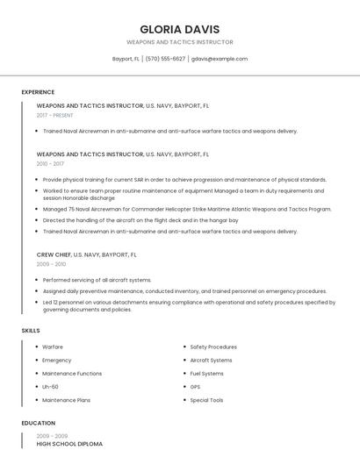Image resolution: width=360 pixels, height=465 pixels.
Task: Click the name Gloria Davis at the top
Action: point(179,29)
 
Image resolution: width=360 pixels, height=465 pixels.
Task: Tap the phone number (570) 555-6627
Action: point(165,59)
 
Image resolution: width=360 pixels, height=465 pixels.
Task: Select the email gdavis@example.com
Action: point(220,59)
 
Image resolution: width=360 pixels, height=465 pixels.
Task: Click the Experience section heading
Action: point(38,92)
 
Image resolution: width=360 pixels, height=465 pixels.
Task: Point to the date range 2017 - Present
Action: point(55,115)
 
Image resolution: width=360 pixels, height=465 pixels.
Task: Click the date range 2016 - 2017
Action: point(50,163)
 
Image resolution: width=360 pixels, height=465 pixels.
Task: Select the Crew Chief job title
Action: point(54,254)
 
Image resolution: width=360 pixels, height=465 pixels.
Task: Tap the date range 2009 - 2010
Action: point(51,263)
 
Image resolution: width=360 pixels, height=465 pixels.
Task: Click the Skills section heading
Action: point(31,330)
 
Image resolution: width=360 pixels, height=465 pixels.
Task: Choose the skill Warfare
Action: point(53,347)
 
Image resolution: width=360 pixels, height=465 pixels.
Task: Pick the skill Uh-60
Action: point(50,387)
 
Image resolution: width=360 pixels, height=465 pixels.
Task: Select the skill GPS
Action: point(195,387)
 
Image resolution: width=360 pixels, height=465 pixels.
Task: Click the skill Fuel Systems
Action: point(206,374)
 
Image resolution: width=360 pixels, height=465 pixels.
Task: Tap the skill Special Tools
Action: point(206,400)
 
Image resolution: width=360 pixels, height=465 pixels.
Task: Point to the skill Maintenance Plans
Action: point(66,400)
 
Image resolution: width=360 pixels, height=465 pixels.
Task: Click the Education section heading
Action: point(38,423)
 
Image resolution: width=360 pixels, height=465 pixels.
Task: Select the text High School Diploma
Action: point(69,444)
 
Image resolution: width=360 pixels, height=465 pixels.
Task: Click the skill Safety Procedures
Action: point(213,347)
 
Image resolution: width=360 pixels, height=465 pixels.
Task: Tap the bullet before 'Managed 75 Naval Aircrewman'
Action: point(37,210)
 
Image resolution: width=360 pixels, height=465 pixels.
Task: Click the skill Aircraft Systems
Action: point(211,360)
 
